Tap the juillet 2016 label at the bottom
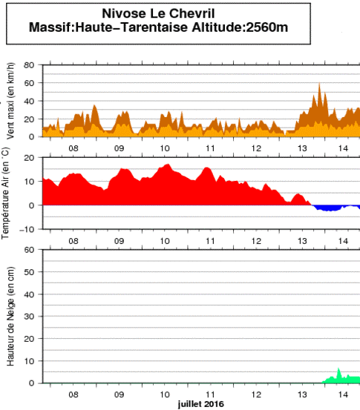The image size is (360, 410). (200, 404)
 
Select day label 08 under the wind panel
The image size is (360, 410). (73, 148)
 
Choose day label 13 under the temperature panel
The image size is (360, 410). (301, 240)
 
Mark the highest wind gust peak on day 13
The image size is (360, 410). (319, 85)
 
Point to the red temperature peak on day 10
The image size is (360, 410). (167, 165)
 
